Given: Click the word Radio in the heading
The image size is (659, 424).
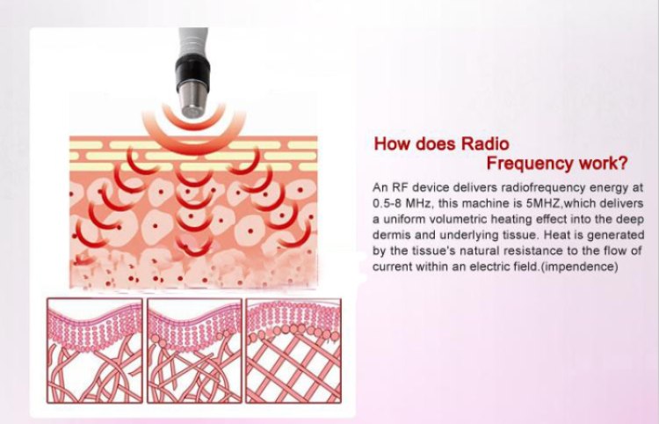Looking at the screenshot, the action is pos(485,144).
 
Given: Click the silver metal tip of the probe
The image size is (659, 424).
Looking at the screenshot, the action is pos(194,99).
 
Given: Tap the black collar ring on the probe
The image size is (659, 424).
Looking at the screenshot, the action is pos(192,69).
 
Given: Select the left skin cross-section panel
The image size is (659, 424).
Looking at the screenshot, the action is pos(95,350).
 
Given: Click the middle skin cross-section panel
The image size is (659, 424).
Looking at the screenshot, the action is pos(194,350).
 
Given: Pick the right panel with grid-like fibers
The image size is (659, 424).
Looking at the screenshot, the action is pos(293,350).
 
